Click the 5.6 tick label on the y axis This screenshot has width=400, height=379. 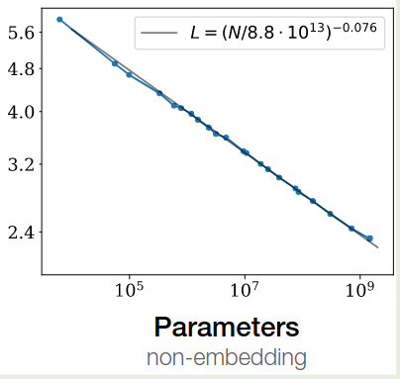point(22,34)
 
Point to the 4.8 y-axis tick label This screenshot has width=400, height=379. point(22,69)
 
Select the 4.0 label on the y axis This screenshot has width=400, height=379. point(22,112)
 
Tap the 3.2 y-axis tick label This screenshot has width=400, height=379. point(22,164)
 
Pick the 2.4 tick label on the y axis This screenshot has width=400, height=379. point(22,233)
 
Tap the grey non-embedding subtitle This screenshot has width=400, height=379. point(227,357)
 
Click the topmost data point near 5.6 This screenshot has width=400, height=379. point(59,19)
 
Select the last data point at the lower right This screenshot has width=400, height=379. point(369,238)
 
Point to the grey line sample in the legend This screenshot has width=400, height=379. point(158,33)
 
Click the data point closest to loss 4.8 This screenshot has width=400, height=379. point(115,63)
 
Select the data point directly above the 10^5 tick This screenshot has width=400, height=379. point(130,74)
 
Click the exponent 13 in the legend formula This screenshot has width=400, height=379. point(319,27)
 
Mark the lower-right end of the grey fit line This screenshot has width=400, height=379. point(378,247)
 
